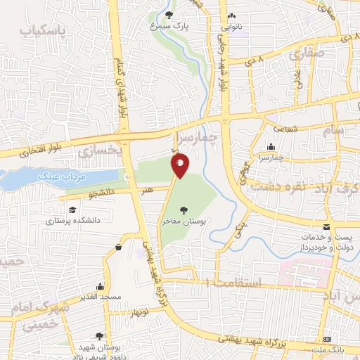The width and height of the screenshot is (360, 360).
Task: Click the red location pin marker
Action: (x=181, y=165)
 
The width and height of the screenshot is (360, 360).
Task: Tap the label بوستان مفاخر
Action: (x=185, y=221)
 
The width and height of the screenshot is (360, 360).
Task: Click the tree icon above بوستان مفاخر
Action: (x=184, y=210)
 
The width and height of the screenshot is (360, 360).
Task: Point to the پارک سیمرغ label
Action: (x=168, y=25)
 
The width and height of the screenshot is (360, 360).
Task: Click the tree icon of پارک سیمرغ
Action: (x=168, y=15)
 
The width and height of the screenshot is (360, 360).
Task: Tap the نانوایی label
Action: (x=233, y=27)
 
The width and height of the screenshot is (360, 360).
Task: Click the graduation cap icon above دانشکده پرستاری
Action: (x=72, y=210)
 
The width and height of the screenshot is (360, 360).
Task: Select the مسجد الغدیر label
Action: (x=101, y=297)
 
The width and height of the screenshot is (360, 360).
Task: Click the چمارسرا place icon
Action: (x=271, y=147)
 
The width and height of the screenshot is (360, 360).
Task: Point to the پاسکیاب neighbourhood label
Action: (x=42, y=32)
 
